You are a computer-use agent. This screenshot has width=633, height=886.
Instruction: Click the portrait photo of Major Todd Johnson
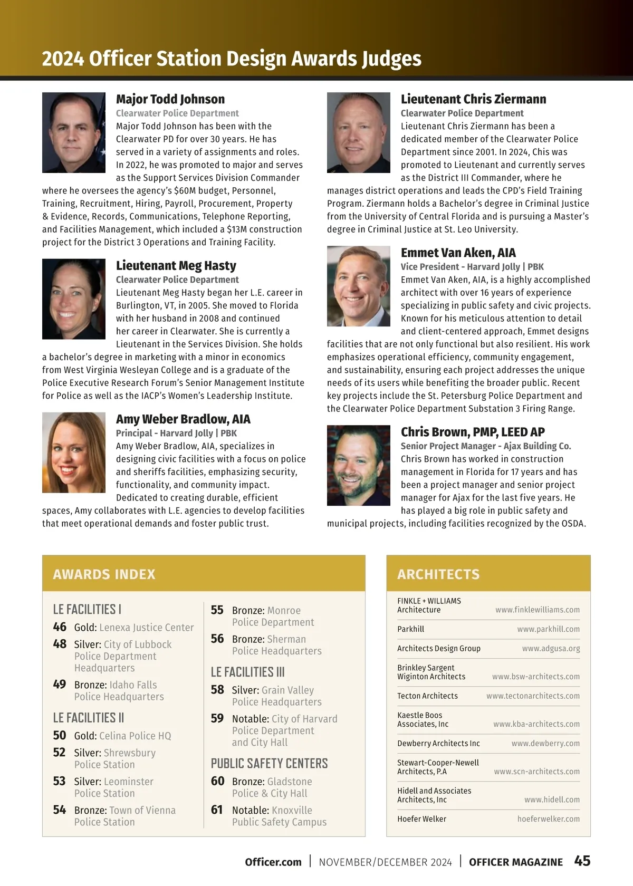click(74, 132)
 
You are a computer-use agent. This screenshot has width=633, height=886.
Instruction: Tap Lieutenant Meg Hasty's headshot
click(74, 298)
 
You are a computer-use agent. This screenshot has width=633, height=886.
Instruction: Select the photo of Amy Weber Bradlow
click(74, 452)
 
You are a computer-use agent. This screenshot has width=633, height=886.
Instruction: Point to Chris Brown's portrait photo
click(359, 465)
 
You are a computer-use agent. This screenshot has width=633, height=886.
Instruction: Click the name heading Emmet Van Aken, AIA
click(458, 253)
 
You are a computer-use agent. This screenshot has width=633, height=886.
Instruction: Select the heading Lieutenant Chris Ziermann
click(473, 99)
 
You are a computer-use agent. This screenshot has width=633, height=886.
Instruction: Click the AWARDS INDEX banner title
click(104, 574)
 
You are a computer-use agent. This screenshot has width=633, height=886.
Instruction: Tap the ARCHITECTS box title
click(438, 574)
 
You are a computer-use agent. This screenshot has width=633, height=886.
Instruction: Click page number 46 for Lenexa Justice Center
click(60, 627)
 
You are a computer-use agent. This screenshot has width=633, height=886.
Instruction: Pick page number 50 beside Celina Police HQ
click(60, 735)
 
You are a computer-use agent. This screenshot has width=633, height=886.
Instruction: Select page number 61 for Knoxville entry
click(217, 810)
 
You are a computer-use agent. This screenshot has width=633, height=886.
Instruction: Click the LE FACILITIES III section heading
click(247, 672)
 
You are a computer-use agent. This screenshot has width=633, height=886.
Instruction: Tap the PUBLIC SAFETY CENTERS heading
click(269, 763)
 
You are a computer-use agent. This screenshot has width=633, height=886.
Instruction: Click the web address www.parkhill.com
click(548, 629)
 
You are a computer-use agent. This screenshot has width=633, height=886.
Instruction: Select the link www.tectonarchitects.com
click(533, 696)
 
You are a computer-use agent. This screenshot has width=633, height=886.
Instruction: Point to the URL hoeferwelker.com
click(548, 819)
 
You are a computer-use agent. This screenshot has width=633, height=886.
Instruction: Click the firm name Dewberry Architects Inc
click(438, 744)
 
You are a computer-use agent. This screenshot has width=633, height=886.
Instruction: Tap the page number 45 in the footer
click(582, 861)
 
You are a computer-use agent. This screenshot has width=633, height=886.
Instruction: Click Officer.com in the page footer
click(273, 862)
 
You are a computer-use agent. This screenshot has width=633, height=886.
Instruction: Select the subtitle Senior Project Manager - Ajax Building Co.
click(485, 446)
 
